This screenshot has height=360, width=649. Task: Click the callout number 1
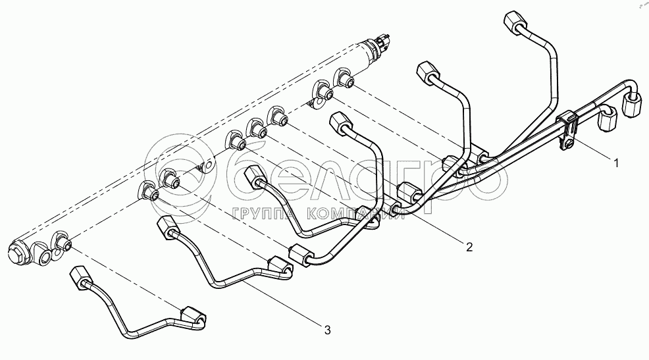(x=616, y=163)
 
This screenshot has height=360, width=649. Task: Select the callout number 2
(x=469, y=247)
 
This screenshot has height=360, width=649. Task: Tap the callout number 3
(x=327, y=330)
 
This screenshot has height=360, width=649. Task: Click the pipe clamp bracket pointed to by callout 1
(x=567, y=128)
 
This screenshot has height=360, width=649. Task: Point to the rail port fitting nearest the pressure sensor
(x=345, y=78)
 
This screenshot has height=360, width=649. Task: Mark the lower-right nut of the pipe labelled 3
(x=281, y=267)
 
